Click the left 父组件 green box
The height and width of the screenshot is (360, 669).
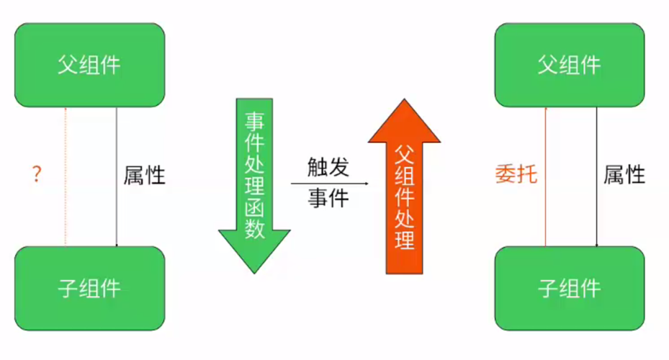coord(90,65)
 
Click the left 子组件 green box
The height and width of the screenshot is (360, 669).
coord(90,288)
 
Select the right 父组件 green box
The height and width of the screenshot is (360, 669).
coord(569,65)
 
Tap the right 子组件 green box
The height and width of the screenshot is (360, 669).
coord(569,288)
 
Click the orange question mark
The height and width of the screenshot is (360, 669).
coord(36,175)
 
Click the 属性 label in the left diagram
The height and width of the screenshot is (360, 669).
coord(144,175)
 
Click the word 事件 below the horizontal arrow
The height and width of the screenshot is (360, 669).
coord(328,198)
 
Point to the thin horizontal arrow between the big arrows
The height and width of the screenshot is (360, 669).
coord(330,184)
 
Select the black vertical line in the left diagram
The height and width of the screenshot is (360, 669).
coord(117,216)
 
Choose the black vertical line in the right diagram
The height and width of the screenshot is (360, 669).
coord(596,216)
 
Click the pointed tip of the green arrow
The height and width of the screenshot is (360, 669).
coord(254,271)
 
